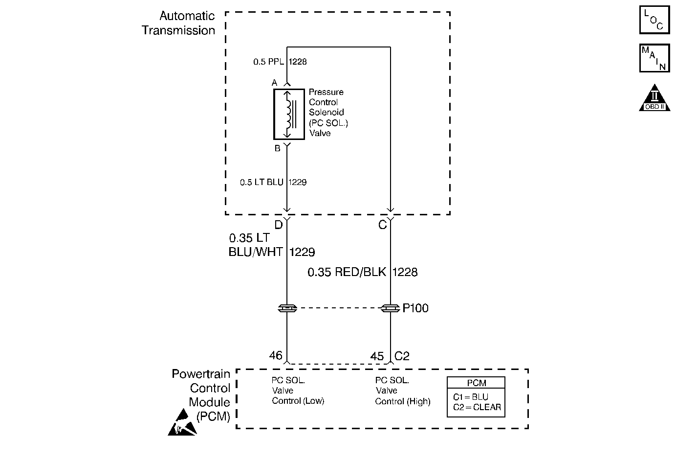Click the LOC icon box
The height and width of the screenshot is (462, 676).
[654, 20]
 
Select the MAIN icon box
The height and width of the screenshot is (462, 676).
[654, 58]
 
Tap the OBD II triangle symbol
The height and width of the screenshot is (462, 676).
[654, 98]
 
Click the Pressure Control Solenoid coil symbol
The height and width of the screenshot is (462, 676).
[289, 114]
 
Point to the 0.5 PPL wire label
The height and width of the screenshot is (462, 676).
[268, 62]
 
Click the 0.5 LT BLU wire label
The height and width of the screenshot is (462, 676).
[262, 183]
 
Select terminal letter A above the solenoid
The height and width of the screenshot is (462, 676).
[275, 82]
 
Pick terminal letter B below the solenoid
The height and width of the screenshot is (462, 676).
[277, 148]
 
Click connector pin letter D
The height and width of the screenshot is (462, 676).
[278, 225]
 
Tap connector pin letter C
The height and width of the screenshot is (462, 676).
[382, 225]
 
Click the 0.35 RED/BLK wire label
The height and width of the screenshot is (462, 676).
[347, 272]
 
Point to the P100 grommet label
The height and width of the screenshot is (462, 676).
[415, 308]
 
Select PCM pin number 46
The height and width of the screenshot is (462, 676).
[276, 355]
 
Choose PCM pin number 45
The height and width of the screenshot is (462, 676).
[377, 356]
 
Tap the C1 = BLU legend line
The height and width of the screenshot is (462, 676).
[470, 397]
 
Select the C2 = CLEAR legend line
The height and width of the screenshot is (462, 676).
[477, 407]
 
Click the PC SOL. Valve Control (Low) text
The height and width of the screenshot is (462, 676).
[298, 391]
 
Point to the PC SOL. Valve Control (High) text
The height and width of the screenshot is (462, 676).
[402, 391]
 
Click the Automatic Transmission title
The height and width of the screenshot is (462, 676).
[178, 23]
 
